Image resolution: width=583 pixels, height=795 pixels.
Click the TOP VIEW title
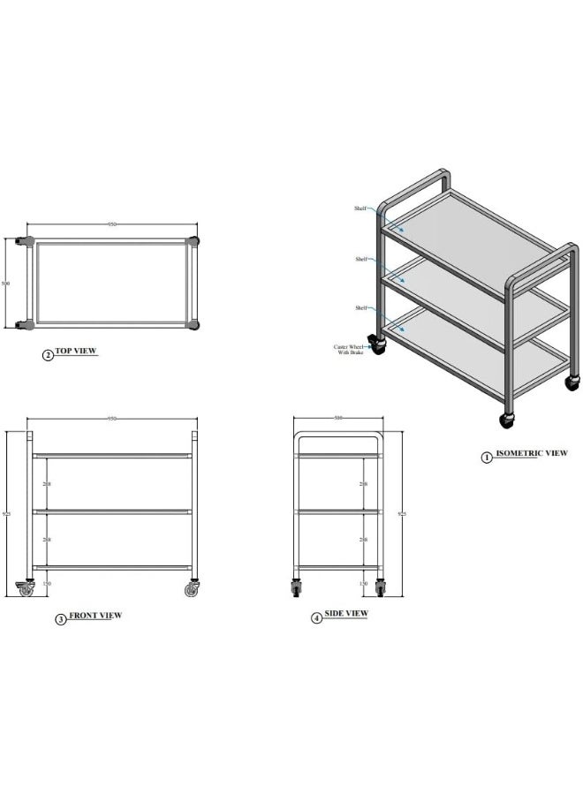click(76, 352)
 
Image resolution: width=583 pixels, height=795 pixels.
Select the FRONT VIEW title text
click(95, 616)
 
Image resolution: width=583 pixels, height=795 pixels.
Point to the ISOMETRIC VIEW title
click(531, 453)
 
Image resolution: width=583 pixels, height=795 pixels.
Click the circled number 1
click(486, 457)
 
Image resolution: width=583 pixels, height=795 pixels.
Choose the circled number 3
click(61, 619)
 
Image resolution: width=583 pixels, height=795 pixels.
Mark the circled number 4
click(316, 617)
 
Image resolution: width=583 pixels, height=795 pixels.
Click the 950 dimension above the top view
click(112, 224)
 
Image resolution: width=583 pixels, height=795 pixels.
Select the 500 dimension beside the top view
click(6, 284)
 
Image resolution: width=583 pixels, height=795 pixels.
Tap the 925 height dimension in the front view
click(8, 513)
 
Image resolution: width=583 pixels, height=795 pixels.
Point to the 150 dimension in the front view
click(48, 584)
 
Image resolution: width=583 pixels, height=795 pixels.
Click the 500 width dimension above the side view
click(337, 418)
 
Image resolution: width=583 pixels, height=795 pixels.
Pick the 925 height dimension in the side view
click(402, 513)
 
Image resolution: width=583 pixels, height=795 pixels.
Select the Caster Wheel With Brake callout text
click(348, 350)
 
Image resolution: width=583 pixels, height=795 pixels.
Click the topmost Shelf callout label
click(360, 208)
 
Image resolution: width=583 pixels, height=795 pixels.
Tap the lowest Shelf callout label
click(360, 307)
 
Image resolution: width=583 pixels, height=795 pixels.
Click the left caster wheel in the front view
click(26, 589)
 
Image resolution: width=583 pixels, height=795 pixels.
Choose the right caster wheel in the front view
click(192, 589)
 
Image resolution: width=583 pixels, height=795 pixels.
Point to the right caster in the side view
click(381, 587)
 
